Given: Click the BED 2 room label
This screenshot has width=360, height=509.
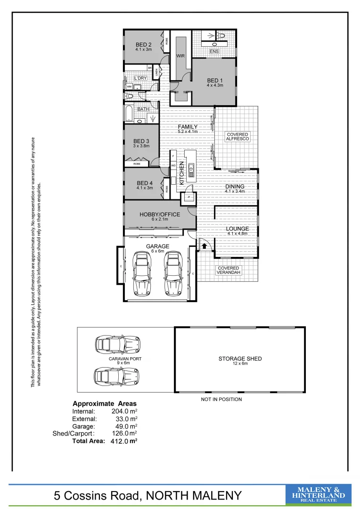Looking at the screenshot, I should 143,44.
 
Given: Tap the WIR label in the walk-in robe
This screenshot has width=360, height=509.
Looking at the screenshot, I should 180,56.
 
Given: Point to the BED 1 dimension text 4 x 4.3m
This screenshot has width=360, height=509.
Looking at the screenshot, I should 214,85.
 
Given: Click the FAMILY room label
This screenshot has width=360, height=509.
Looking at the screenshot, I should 187,127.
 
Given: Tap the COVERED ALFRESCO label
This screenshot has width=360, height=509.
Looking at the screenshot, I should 237,137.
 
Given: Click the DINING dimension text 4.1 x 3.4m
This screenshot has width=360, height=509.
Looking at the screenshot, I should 234,191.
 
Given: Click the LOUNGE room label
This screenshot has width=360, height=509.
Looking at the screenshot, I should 237,229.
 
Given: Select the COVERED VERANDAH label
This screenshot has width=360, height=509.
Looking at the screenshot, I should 228,271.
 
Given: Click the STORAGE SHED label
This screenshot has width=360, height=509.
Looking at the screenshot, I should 240,359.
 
